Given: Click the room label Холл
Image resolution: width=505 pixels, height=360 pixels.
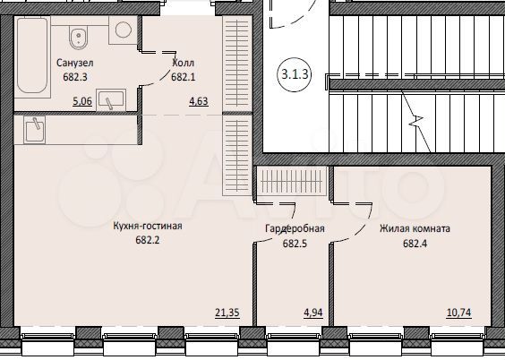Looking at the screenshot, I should click(183, 64).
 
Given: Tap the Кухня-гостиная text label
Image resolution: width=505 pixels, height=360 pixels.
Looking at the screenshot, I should click(148, 227).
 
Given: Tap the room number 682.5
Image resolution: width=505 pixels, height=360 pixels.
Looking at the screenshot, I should click(293, 243).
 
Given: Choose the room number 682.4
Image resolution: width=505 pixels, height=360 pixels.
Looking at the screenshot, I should click(415, 243).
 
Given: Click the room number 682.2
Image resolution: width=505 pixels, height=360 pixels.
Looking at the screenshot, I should click(148, 240).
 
